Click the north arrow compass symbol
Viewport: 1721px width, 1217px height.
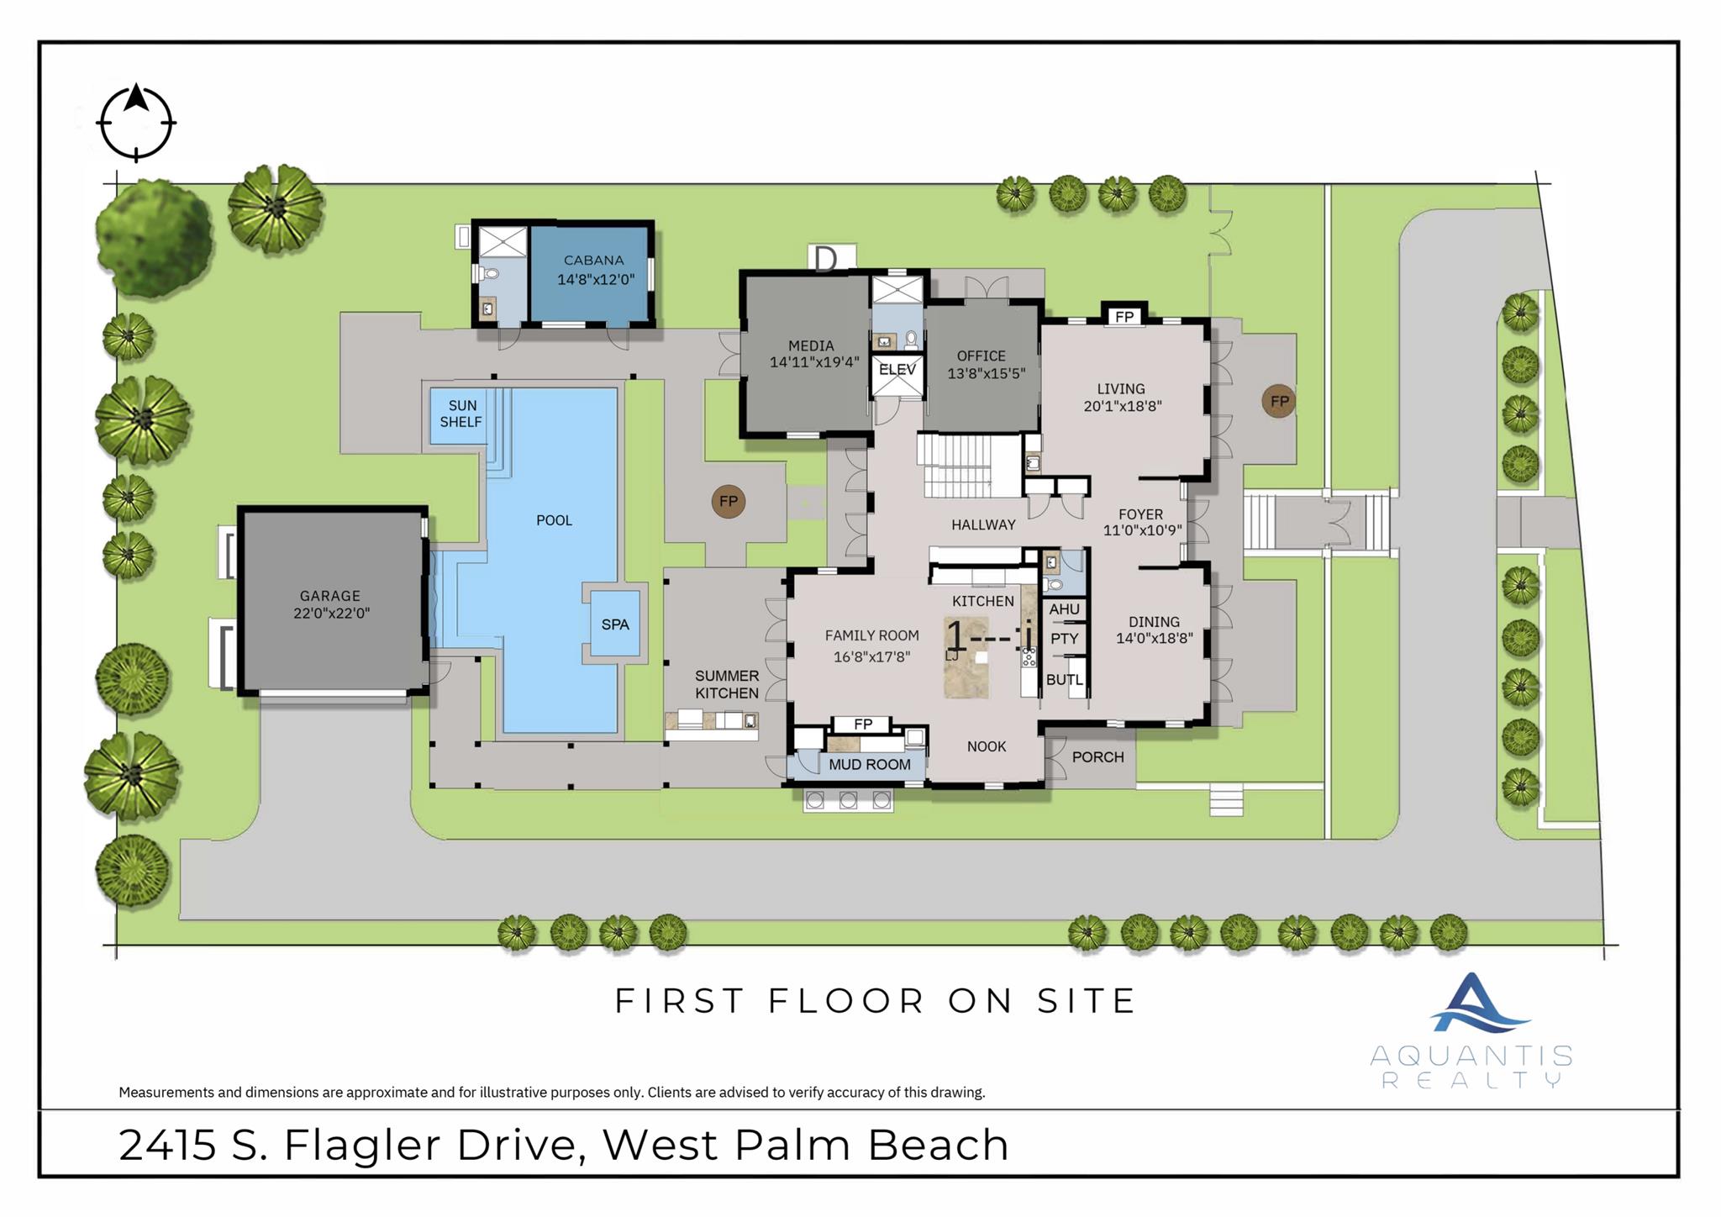pyautogui.click(x=136, y=123)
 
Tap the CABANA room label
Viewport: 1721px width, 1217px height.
pyautogui.click(x=593, y=261)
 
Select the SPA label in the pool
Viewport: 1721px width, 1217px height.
pyautogui.click(x=615, y=624)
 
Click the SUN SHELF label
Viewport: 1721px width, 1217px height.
pyautogui.click(x=461, y=414)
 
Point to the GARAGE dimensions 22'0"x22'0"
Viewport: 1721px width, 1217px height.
pyautogui.click(x=331, y=614)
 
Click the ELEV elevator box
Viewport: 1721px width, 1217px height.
pyautogui.click(x=897, y=370)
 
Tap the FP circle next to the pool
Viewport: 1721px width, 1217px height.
pyautogui.click(x=728, y=502)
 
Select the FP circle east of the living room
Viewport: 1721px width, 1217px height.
pyautogui.click(x=1278, y=402)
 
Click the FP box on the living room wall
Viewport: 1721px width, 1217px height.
pyautogui.click(x=1124, y=317)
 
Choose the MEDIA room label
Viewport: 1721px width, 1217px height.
pyautogui.click(x=811, y=345)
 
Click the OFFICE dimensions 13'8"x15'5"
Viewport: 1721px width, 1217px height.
pyautogui.click(x=987, y=374)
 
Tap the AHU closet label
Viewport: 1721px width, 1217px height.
pyautogui.click(x=1064, y=609)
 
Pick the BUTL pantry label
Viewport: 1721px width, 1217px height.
pyautogui.click(x=1064, y=680)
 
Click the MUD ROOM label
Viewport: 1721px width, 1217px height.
pyautogui.click(x=869, y=765)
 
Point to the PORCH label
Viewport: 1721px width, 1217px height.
pyautogui.click(x=1097, y=757)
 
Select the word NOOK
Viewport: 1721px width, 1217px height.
pyautogui.click(x=986, y=746)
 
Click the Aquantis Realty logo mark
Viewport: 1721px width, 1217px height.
pyautogui.click(x=1473, y=1004)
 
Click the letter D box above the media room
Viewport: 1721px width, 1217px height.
pyautogui.click(x=826, y=258)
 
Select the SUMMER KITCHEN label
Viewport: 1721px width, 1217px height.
pyautogui.click(x=726, y=684)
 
